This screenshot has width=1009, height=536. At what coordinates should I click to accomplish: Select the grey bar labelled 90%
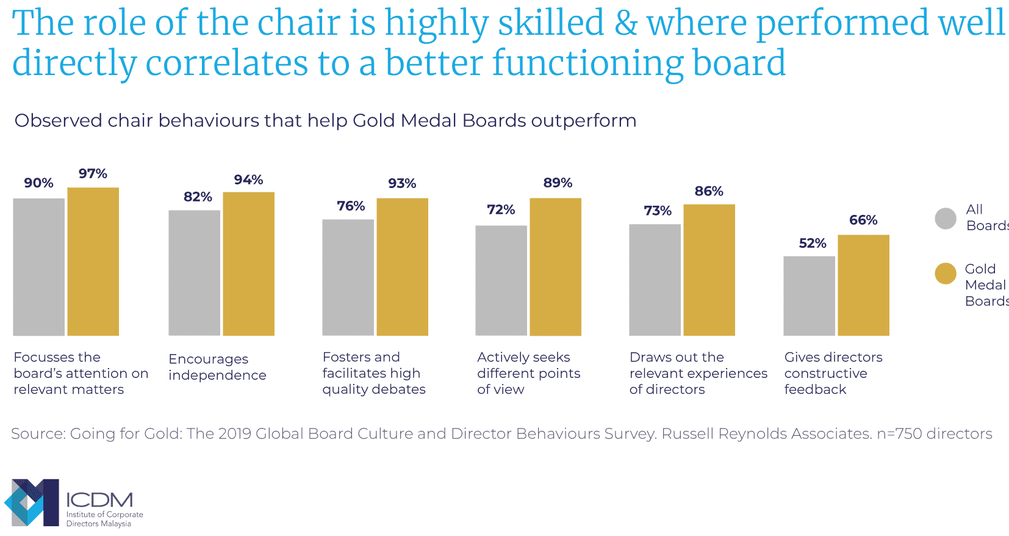[x=38, y=267]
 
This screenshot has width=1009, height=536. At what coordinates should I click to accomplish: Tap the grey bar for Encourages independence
[x=194, y=273]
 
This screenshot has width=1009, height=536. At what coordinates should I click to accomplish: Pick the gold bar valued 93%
[x=402, y=267]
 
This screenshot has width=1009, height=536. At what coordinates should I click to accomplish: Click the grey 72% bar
[x=501, y=280]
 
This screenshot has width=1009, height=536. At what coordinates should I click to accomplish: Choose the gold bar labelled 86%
[x=709, y=270]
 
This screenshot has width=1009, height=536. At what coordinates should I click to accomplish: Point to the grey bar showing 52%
[x=809, y=295]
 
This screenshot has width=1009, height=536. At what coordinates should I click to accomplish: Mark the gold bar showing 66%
[x=863, y=285]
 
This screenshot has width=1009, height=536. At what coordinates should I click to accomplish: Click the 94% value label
[x=248, y=180]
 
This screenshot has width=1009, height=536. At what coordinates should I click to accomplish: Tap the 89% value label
[x=558, y=183]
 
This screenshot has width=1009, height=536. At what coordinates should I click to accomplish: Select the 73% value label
[x=658, y=211]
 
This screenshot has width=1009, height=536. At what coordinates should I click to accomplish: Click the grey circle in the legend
[x=946, y=219]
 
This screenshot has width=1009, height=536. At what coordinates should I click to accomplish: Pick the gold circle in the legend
[x=946, y=273]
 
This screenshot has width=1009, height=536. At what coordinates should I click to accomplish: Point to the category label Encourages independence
[x=217, y=367]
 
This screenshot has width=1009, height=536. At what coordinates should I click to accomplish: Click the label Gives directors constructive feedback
[x=833, y=373]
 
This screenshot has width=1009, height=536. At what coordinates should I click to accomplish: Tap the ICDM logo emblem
[x=32, y=502]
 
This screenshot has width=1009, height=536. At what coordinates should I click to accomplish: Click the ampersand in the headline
[x=626, y=23]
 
